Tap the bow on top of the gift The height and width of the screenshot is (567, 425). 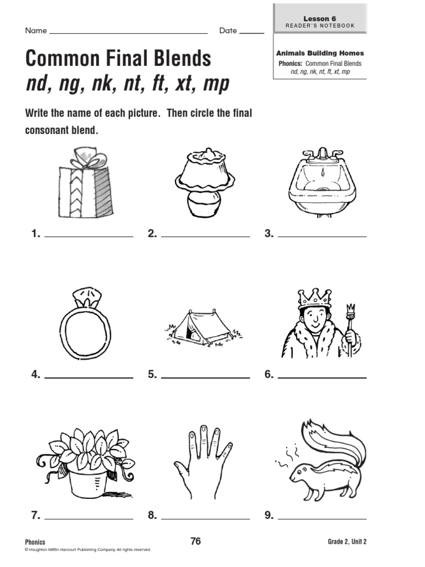(x=86, y=157)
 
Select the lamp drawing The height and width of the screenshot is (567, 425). (x=204, y=183)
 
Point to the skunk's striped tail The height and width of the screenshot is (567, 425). (x=332, y=443)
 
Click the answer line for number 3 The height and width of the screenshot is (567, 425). (x=322, y=236)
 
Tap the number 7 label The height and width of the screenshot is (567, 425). (x=35, y=516)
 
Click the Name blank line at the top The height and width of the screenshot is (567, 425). (x=128, y=33)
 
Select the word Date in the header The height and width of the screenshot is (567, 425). (x=227, y=30)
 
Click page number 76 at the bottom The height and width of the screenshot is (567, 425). (x=195, y=542)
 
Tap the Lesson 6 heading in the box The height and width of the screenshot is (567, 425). (x=319, y=18)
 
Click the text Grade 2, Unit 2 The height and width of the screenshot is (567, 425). (x=347, y=542)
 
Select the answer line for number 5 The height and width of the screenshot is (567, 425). (x=205, y=378)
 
